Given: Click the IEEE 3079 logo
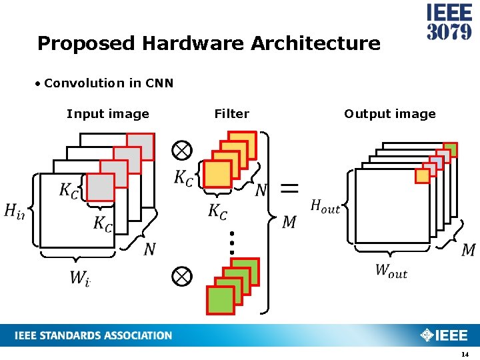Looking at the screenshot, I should tap(449, 23).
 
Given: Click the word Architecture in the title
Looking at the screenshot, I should tap(315, 44).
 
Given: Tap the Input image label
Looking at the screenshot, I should tap(108, 114).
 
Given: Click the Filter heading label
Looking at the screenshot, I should tap(231, 114).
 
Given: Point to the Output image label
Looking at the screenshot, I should tap(389, 114).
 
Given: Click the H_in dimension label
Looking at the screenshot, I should tap(14, 211).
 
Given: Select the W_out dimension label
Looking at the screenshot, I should tap(391, 271).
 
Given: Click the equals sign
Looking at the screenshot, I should tap(289, 188).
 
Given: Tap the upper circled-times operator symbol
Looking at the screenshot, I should tap(181, 150).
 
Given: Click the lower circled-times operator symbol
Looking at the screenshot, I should tap(181, 276).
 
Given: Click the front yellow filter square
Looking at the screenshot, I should tap(217, 174).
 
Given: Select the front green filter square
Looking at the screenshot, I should tap(221, 300).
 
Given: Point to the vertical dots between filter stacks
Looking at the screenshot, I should tap(231, 243).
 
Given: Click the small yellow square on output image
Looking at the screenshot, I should tap(422, 175).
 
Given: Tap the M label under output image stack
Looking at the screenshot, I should tap(469, 250).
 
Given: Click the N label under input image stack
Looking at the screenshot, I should tap(150, 249).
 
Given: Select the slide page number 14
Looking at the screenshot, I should tap(465, 353).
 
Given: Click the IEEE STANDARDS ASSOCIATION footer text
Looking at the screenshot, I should tap(93, 335).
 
